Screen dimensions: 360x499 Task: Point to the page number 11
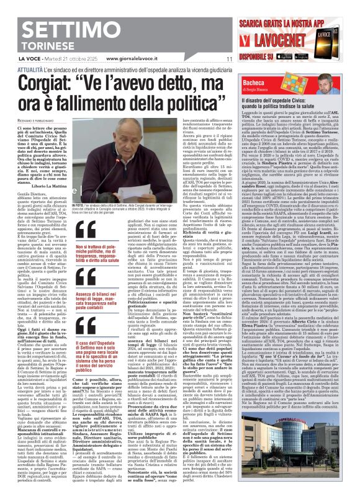point(229,59)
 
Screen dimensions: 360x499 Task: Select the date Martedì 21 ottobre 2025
point(76,59)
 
